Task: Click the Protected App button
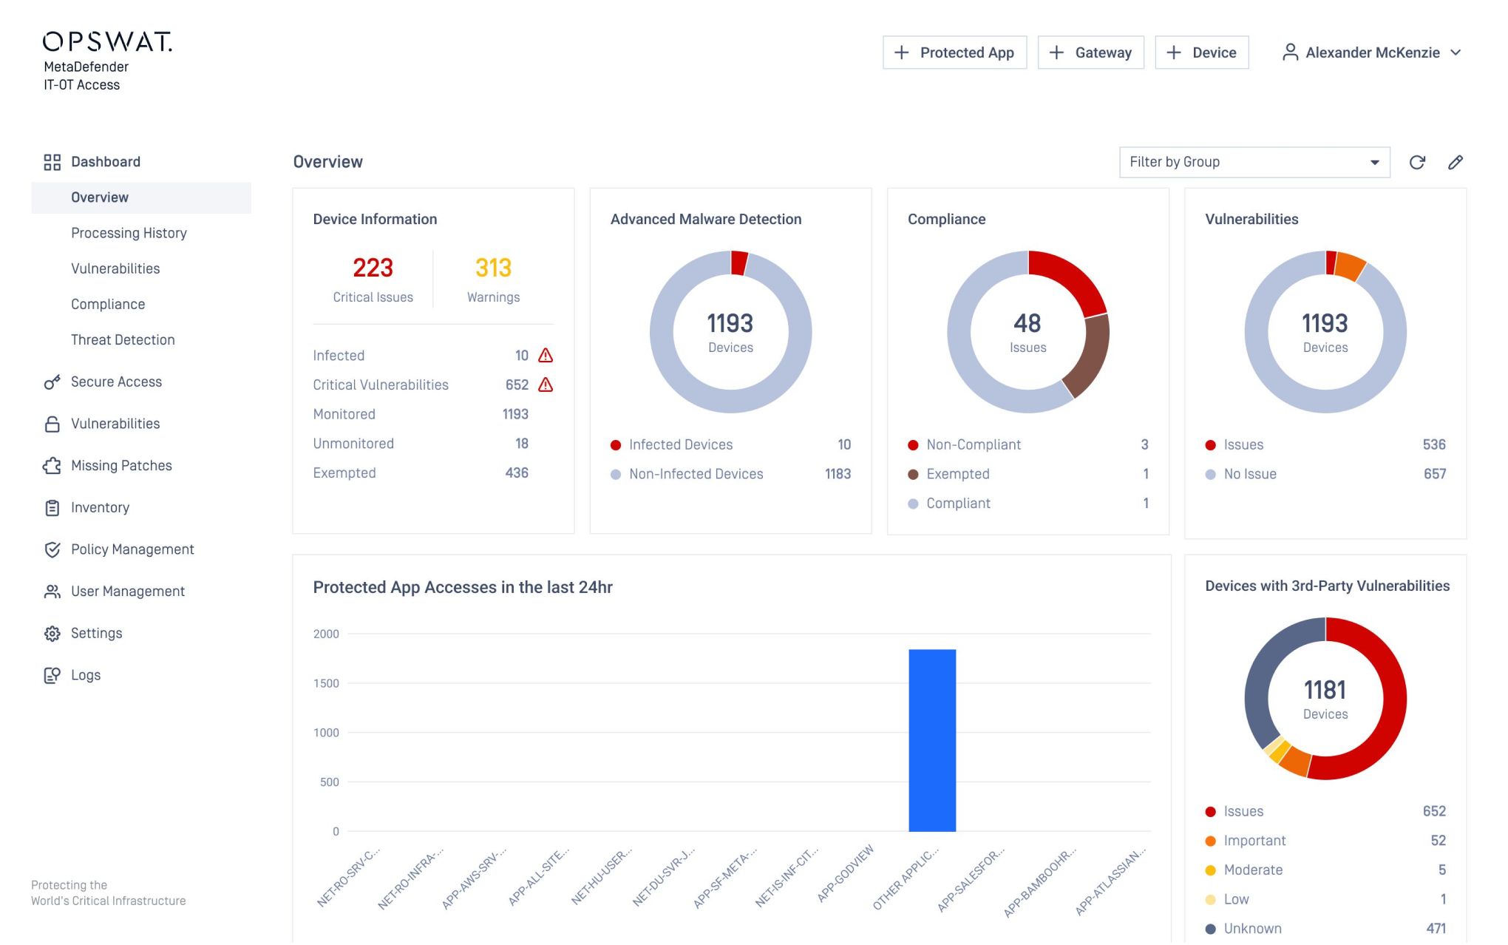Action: [x=954, y=52]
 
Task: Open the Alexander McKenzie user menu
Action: [x=1372, y=52]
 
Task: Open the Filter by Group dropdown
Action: [x=1254, y=162]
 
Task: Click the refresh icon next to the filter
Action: [x=1417, y=163]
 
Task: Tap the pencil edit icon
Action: [x=1455, y=163]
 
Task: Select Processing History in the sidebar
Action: [x=129, y=233]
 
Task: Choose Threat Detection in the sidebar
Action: [x=123, y=339]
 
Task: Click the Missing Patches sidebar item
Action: [x=121, y=465]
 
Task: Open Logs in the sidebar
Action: [x=86, y=674]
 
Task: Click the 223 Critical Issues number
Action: [x=373, y=268]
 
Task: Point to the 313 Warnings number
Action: [x=493, y=268]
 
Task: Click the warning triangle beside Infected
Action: [x=546, y=356]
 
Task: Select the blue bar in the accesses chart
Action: [x=931, y=739]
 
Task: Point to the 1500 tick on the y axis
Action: [x=326, y=683]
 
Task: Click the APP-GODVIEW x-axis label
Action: [x=846, y=873]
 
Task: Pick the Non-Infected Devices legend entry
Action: [x=696, y=474]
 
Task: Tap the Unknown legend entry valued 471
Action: [x=1252, y=928]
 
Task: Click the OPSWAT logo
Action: [x=107, y=41]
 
